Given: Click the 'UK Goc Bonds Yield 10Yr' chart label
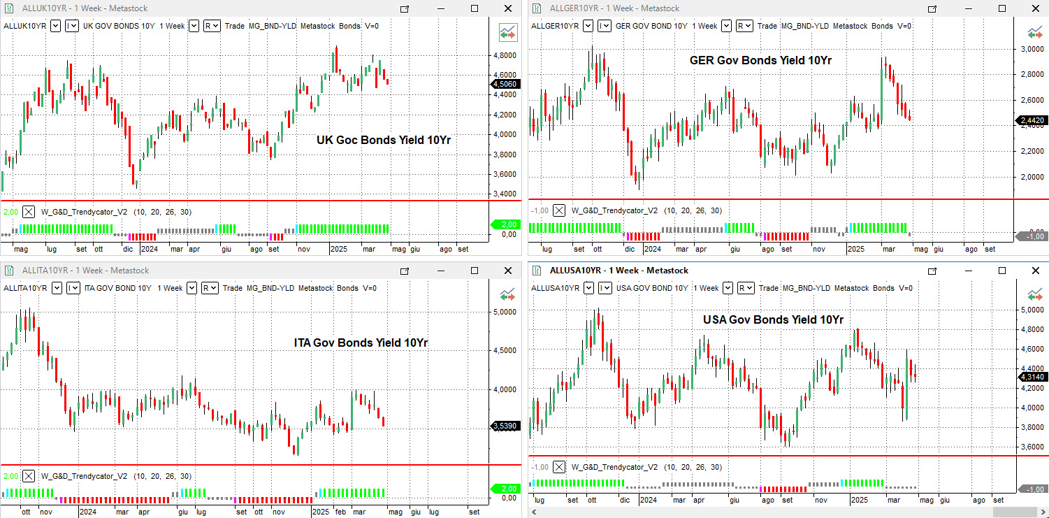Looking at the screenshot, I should (384, 140).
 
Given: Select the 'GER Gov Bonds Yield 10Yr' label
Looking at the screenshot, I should (760, 60).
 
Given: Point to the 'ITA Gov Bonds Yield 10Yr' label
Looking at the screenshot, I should (361, 343).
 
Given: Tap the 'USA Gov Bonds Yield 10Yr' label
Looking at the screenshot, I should (773, 319).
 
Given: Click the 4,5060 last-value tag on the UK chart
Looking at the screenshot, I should (505, 84).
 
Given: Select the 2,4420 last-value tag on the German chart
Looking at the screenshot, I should (1032, 121).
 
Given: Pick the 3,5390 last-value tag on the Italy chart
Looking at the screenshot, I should (505, 425).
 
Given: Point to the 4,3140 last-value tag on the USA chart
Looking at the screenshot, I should (1032, 377).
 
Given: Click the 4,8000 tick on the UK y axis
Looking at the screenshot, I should (505, 55).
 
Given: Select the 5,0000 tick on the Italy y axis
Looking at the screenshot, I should (505, 312).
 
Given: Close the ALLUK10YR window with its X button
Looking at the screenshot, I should (508, 8).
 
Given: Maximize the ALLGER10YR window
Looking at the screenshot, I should (1001, 8).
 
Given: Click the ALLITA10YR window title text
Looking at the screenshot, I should (85, 271).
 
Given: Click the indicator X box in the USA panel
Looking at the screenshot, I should (559, 467).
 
